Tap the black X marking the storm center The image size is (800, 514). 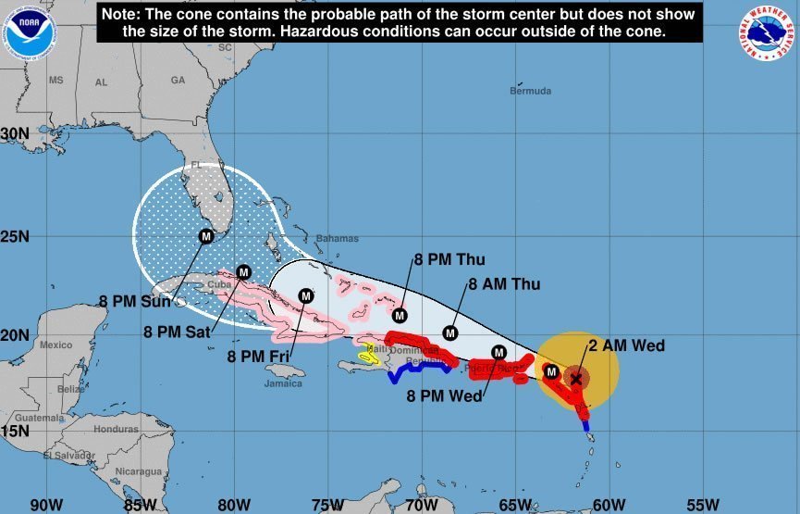(576, 378)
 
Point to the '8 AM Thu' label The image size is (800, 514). (504, 284)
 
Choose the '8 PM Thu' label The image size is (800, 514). (449, 259)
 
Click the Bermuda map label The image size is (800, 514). (530, 91)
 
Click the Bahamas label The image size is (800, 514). (337, 238)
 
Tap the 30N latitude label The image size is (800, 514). (15, 133)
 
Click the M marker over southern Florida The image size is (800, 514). (205, 236)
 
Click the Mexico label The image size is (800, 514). (55, 345)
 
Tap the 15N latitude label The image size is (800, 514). (15, 430)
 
